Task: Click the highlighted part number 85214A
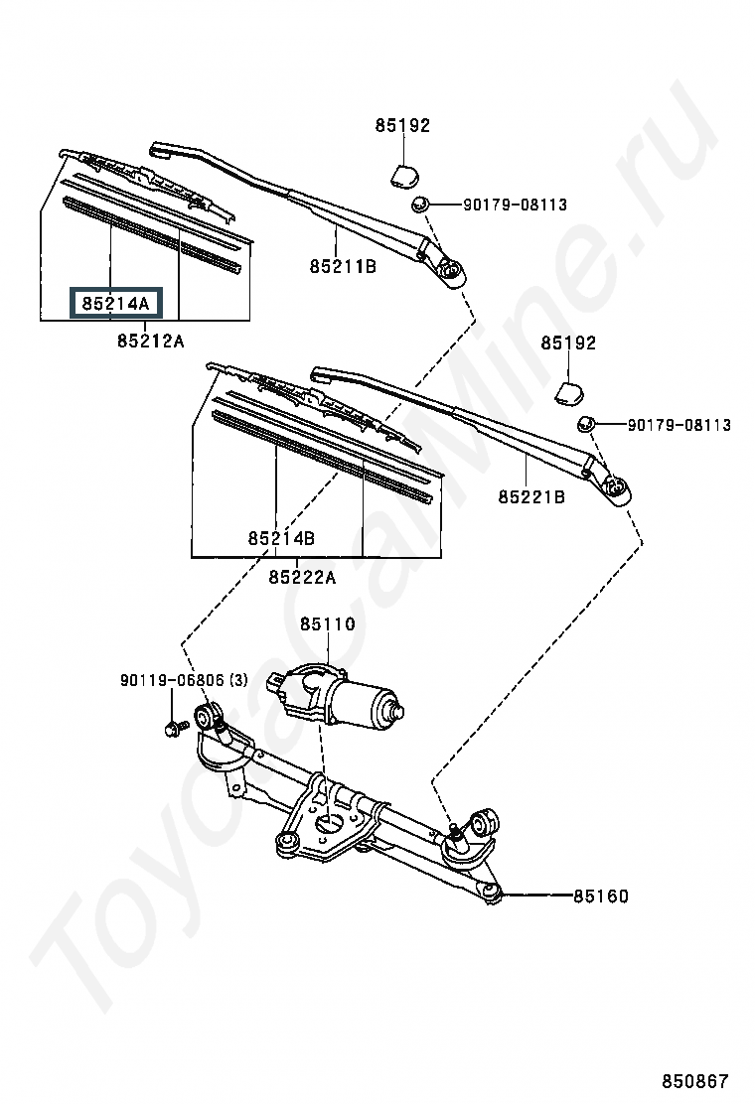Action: [x=115, y=304]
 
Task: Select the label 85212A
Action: [x=151, y=341]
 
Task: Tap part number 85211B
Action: [x=343, y=266]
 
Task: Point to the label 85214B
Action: [x=281, y=539]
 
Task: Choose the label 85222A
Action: [x=302, y=578]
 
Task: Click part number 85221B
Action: [x=531, y=497]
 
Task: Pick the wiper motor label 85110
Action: [x=328, y=623]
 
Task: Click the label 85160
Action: [x=601, y=897]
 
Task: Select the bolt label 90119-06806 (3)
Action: [x=184, y=680]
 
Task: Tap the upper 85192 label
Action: [x=402, y=125]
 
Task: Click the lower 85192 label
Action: [x=568, y=343]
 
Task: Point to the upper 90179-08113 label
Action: [x=515, y=205]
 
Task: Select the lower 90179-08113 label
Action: [x=679, y=425]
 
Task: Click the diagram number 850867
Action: [x=694, y=1081]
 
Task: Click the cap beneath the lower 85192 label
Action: [x=570, y=393]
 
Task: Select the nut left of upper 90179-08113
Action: [x=420, y=205]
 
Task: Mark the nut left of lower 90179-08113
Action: [x=586, y=425]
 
